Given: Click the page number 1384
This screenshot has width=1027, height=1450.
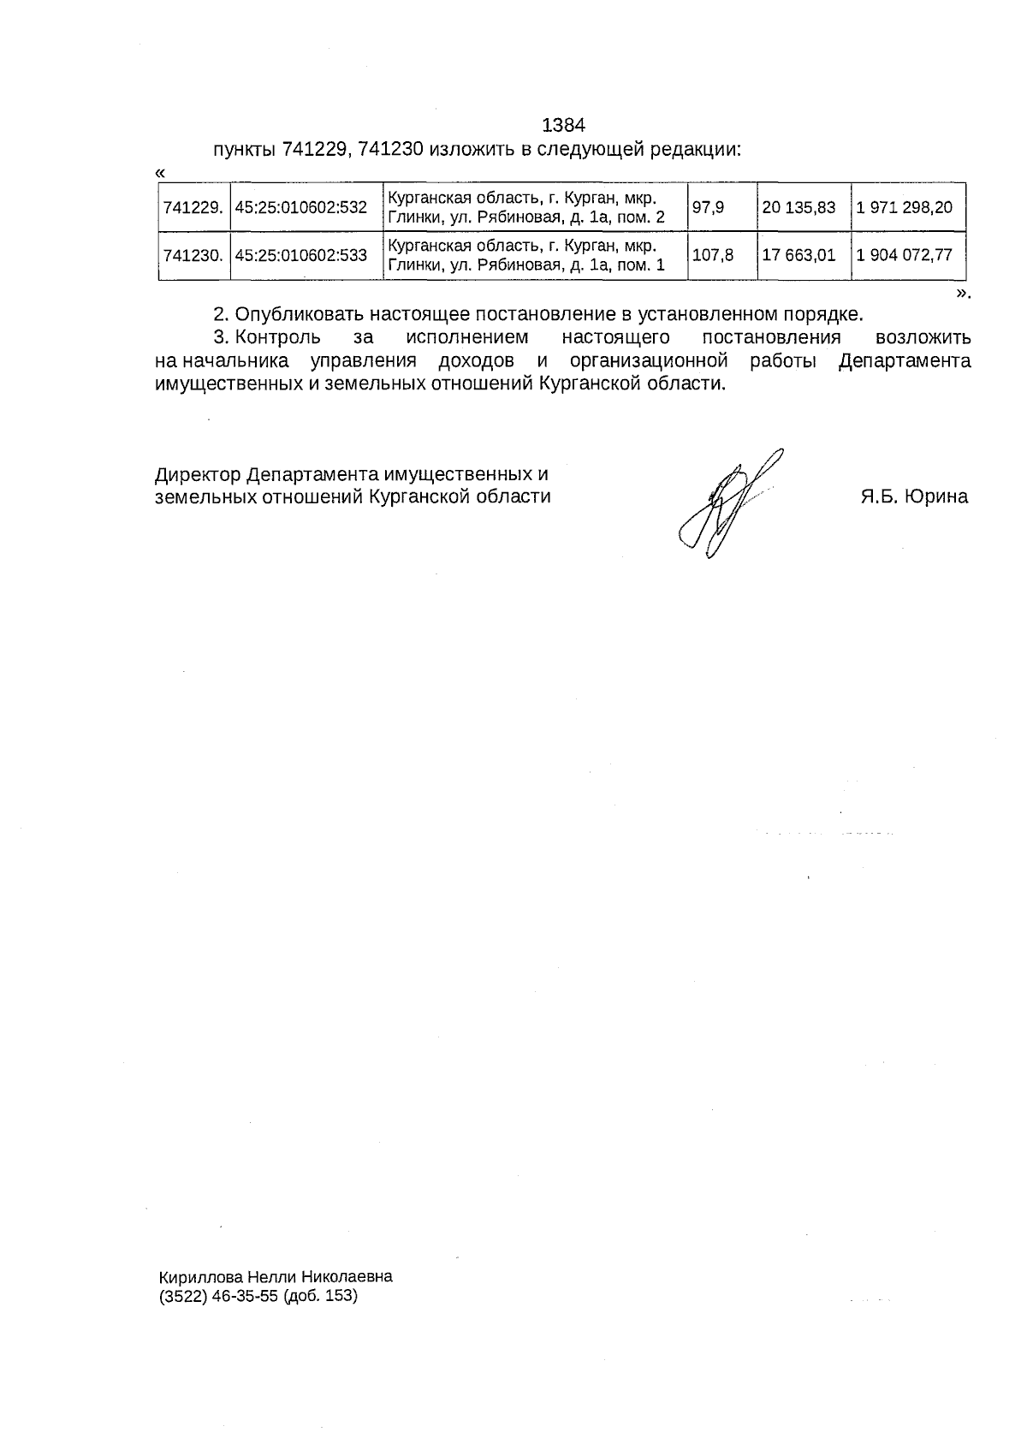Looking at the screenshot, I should [564, 126].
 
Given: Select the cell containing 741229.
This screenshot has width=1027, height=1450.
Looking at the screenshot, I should [193, 207].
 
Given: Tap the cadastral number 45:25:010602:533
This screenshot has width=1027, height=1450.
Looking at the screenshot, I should [300, 255].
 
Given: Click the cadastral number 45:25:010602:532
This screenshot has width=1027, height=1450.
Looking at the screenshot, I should [300, 207].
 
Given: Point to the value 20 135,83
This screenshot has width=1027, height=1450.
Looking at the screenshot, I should [798, 207].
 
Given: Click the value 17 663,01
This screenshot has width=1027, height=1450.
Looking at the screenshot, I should [798, 255].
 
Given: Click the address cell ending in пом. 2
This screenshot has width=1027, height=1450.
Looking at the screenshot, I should [526, 207].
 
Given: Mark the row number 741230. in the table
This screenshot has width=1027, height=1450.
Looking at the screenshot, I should [193, 255].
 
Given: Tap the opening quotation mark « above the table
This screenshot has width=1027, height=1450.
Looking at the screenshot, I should [161, 173].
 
